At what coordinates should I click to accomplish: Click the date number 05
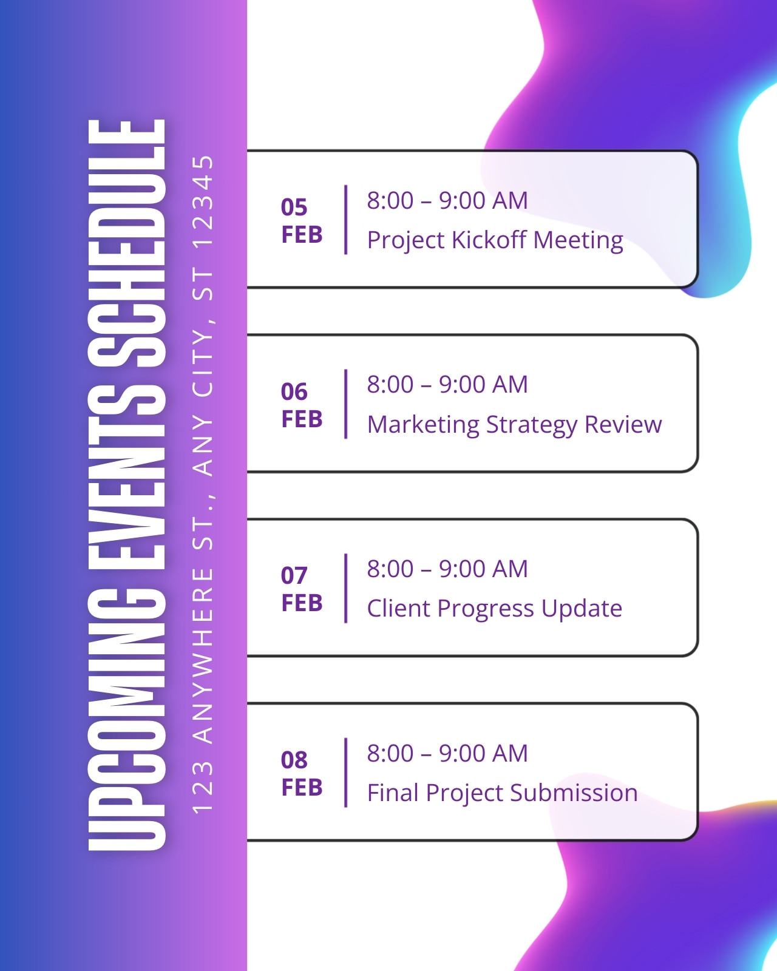(294, 207)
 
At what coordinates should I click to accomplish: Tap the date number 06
(294, 391)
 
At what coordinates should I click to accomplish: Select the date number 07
(294, 575)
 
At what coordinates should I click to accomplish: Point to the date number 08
(294, 760)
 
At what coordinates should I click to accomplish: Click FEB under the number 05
(302, 235)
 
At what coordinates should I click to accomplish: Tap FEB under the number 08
(302, 787)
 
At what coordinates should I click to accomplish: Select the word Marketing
(423, 424)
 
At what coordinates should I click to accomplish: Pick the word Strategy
(531, 425)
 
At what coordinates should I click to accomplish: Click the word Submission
(574, 793)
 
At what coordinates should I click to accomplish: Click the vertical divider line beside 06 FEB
(346, 404)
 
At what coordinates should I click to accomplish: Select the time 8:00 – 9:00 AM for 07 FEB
(447, 569)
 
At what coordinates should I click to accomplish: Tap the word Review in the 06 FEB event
(623, 424)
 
